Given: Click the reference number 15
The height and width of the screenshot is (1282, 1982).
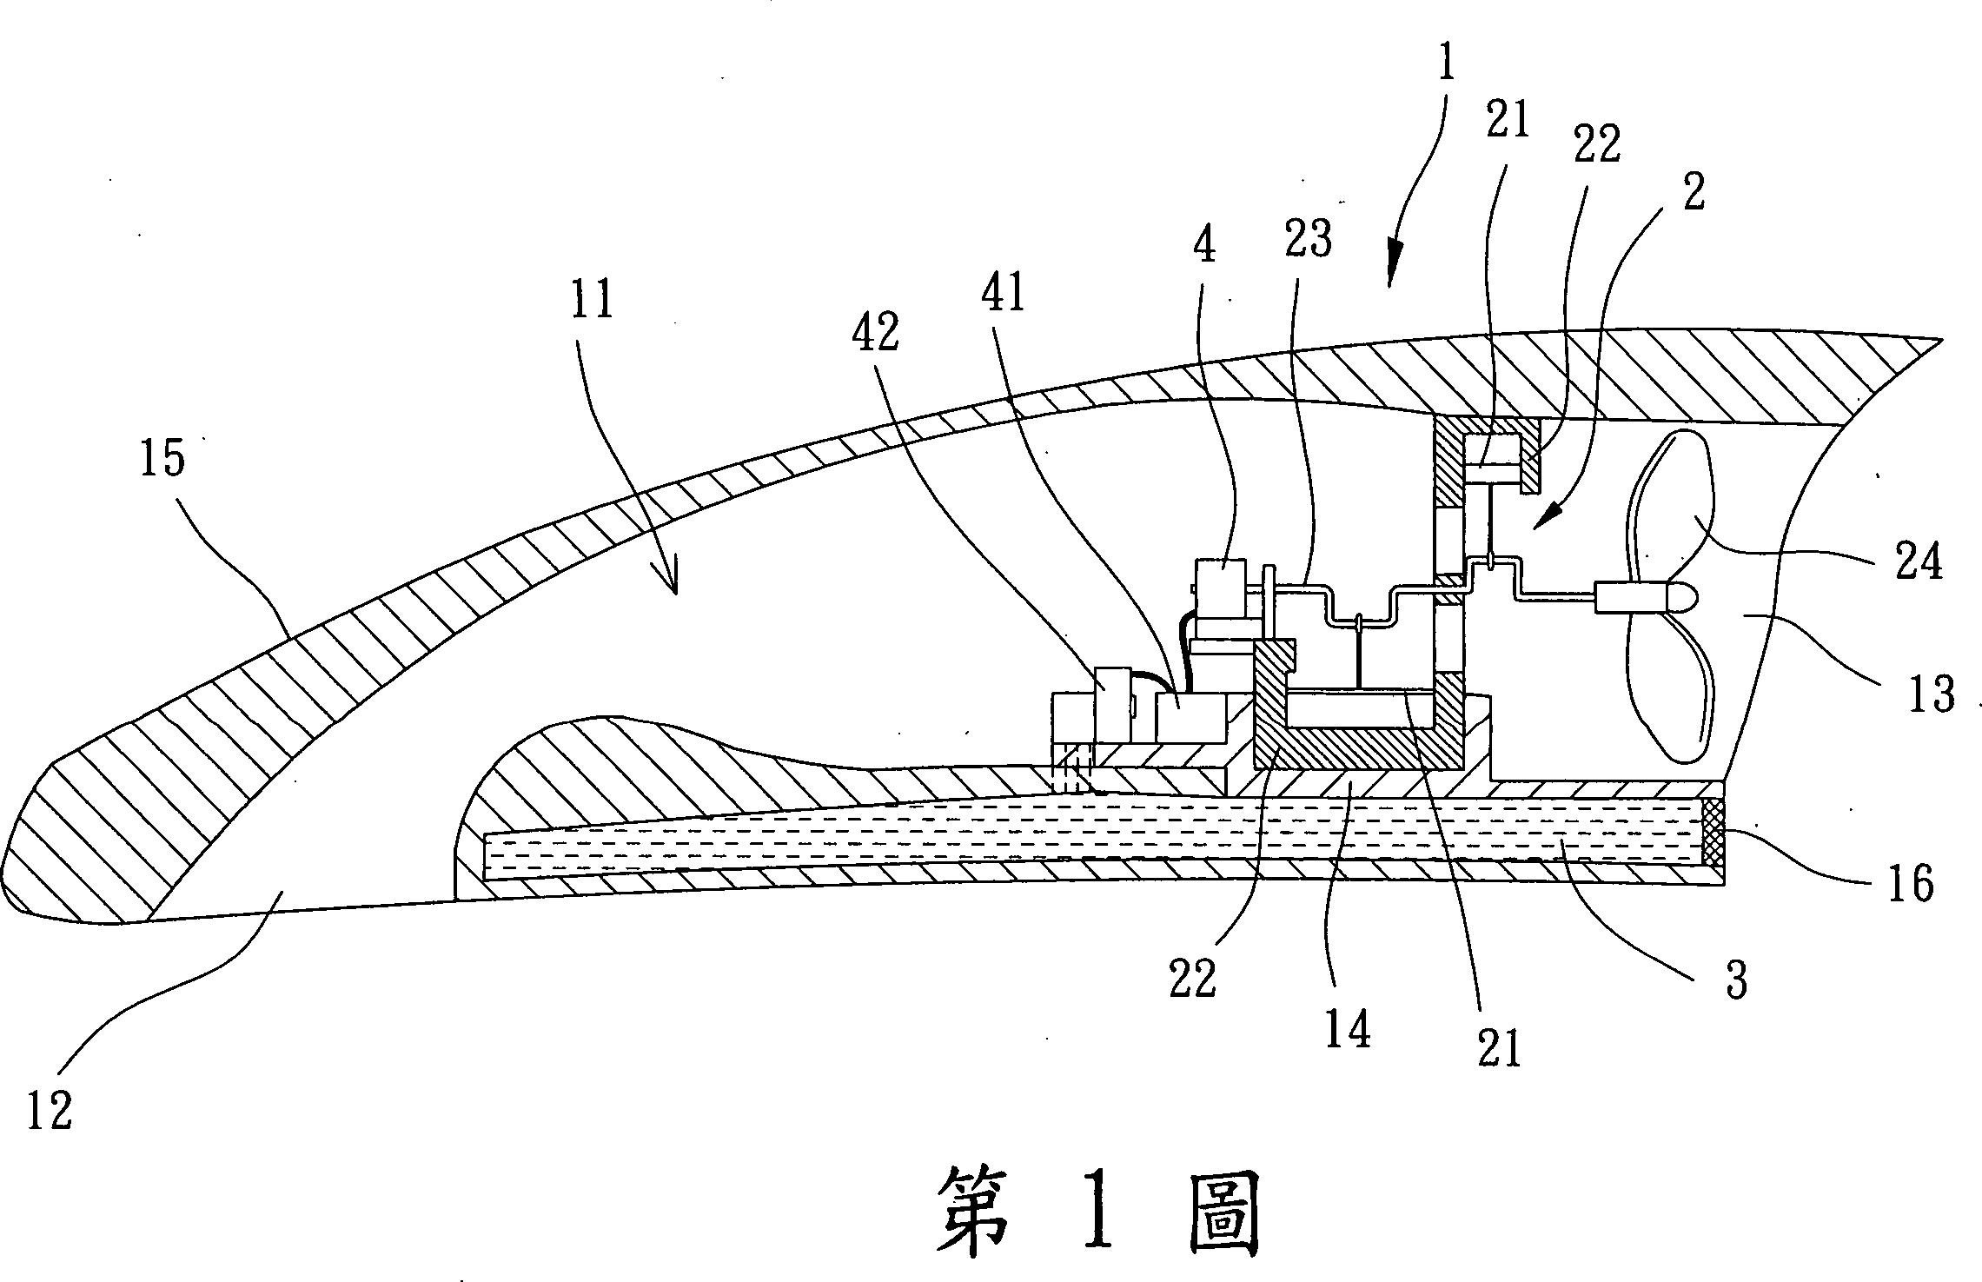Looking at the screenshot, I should click(x=162, y=457).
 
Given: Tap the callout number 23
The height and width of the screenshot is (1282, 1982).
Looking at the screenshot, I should click(x=1309, y=238).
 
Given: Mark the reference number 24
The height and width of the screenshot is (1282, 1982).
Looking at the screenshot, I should click(x=1918, y=562).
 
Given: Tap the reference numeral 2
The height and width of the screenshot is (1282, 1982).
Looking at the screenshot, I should click(x=1694, y=191).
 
